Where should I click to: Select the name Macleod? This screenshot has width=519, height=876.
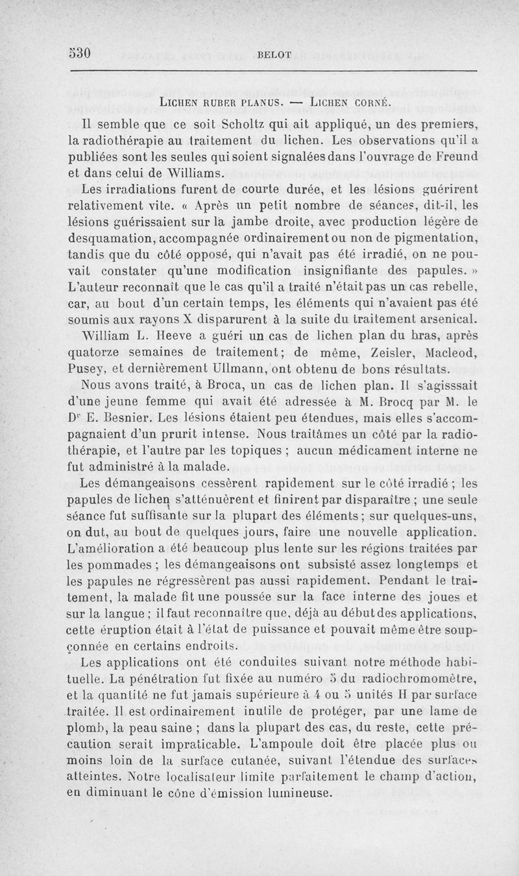click(x=444, y=352)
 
